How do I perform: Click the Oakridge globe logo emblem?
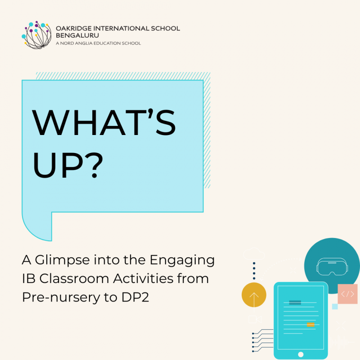click(36, 35)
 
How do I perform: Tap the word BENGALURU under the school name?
click(77, 36)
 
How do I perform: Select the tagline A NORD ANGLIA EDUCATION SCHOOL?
click(98, 43)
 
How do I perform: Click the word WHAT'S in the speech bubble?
click(104, 122)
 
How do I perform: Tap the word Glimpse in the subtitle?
click(62, 261)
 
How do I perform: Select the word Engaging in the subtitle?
click(182, 261)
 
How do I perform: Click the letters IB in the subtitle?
click(29, 279)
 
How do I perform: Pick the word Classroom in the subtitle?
click(74, 279)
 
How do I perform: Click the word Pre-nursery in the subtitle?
click(61, 297)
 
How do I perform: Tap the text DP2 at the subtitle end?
click(135, 297)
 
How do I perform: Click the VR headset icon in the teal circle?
click(332, 266)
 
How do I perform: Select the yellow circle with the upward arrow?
click(254, 295)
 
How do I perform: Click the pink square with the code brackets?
click(347, 294)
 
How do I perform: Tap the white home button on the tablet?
click(301, 354)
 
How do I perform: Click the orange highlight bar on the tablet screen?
click(310, 324)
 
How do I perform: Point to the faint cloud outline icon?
click(254, 253)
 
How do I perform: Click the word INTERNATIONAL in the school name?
click(118, 28)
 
